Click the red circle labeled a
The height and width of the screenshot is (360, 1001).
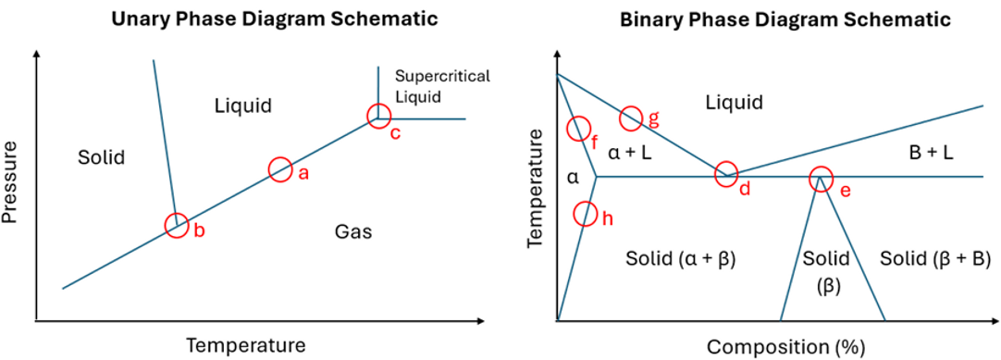tap(280, 168)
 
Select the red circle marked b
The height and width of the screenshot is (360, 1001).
tap(176, 224)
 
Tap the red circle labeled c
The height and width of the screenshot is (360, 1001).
tap(377, 116)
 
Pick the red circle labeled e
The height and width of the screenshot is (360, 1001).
tap(820, 179)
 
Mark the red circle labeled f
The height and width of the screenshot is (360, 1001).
tap(578, 129)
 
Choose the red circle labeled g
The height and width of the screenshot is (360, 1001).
tap(631, 117)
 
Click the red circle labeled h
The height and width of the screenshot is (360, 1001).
tap(585, 214)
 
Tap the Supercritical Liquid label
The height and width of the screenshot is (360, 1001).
tap(429, 84)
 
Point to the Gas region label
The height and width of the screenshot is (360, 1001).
tap(352, 231)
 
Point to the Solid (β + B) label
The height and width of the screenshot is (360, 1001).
tap(933, 257)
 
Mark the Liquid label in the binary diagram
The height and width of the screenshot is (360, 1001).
tap(734, 103)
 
